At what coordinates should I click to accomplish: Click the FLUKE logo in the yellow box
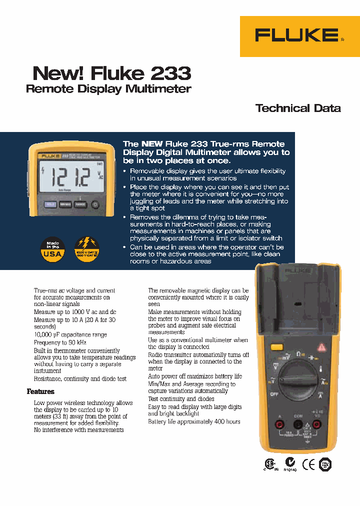(x=296, y=35)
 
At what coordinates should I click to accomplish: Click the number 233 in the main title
(x=170, y=73)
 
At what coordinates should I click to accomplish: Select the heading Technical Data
(x=298, y=108)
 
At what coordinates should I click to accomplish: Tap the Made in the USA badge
(x=52, y=249)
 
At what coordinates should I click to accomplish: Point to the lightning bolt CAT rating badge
(x=86, y=249)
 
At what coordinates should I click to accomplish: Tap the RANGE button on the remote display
(x=80, y=204)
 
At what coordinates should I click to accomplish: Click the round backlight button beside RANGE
(x=95, y=204)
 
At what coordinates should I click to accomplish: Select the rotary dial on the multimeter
(x=298, y=379)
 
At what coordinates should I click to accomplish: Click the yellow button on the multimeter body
(x=276, y=347)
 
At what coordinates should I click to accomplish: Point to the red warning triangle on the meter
(x=323, y=346)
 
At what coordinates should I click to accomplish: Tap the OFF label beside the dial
(x=274, y=393)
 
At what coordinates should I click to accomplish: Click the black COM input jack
(x=298, y=425)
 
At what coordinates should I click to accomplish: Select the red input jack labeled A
(x=280, y=425)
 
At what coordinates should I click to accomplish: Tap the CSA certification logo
(x=270, y=464)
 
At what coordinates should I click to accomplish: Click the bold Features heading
(x=40, y=391)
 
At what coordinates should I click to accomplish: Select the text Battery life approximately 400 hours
(x=194, y=421)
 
